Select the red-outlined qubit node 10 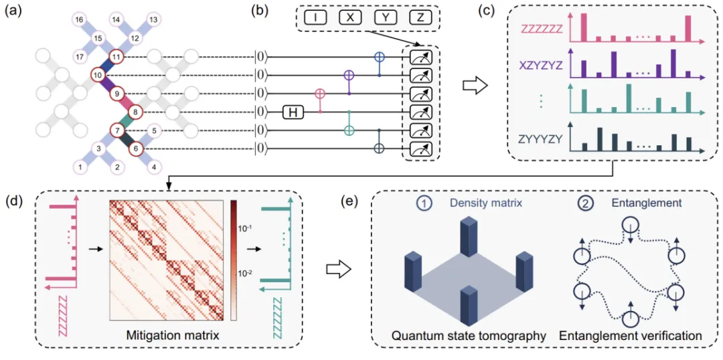point(98,76)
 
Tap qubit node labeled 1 point(81,166)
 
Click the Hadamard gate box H point(292,112)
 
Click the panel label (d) point(13,200)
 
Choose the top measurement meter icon point(419,59)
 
